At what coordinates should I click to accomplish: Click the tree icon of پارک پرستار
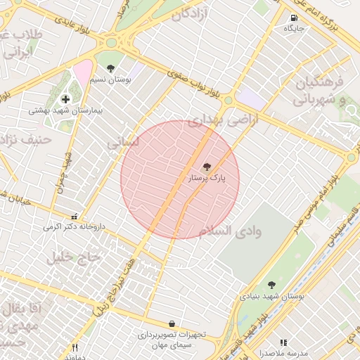point(207,167)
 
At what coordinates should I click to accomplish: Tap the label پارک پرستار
point(207,179)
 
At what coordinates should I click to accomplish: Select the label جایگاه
point(293,29)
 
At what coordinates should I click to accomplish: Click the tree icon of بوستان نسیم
point(111,67)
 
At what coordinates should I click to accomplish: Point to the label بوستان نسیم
point(111,79)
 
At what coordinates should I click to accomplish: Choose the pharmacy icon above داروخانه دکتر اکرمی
point(75,216)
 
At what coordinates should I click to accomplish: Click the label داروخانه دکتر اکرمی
point(74,227)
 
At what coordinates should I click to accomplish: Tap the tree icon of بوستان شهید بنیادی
point(271,285)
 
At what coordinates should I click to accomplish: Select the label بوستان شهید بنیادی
point(271,297)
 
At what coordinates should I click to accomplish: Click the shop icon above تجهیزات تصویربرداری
point(172,323)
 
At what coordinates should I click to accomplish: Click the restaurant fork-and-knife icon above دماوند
point(75,347)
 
